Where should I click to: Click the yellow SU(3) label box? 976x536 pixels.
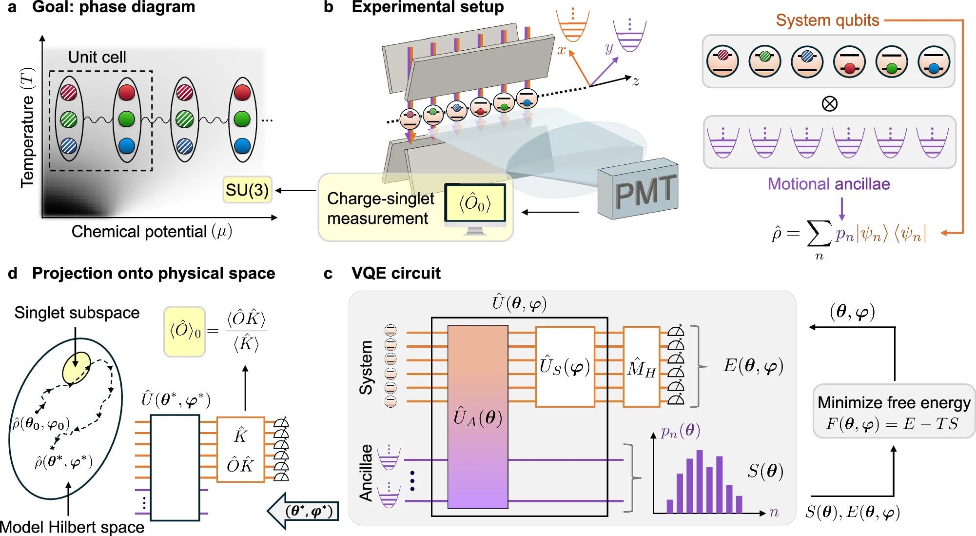[x=247, y=190]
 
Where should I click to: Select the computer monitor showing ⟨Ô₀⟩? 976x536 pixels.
[x=475, y=203]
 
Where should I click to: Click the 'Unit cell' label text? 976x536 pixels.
[x=97, y=57]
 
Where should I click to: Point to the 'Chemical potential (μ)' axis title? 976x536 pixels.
[x=151, y=231]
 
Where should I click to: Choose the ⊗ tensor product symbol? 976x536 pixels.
[x=829, y=103]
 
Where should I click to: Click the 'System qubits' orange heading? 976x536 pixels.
[x=827, y=20]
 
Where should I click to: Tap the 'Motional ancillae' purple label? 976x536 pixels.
[x=828, y=184]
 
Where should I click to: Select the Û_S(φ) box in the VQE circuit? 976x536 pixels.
[x=565, y=367]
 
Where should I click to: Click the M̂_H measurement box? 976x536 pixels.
[x=641, y=367]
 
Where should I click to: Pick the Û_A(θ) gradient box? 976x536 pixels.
[x=477, y=417]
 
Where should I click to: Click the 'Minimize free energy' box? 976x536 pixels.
[x=894, y=412]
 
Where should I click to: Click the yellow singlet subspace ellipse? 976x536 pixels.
[x=77, y=367]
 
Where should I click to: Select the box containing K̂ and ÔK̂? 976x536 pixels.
[x=240, y=450]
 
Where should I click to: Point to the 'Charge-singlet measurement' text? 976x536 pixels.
[x=380, y=208]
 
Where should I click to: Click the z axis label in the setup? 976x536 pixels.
[x=636, y=81]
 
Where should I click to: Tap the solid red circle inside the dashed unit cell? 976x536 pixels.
[x=126, y=92]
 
